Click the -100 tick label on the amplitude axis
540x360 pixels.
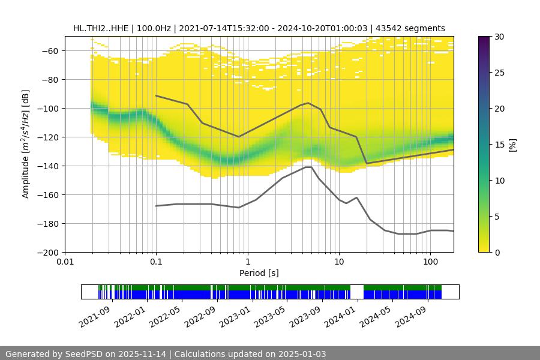[46, 109]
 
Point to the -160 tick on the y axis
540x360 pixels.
[46, 195]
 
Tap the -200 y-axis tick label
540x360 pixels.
[46, 253]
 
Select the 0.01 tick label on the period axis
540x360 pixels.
[65, 262]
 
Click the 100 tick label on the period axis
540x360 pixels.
[430, 262]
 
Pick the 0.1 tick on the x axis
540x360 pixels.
[156, 262]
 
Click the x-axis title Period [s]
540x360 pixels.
[259, 273]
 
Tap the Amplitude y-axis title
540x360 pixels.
[25, 144]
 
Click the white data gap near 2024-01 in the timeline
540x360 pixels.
[357, 292]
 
